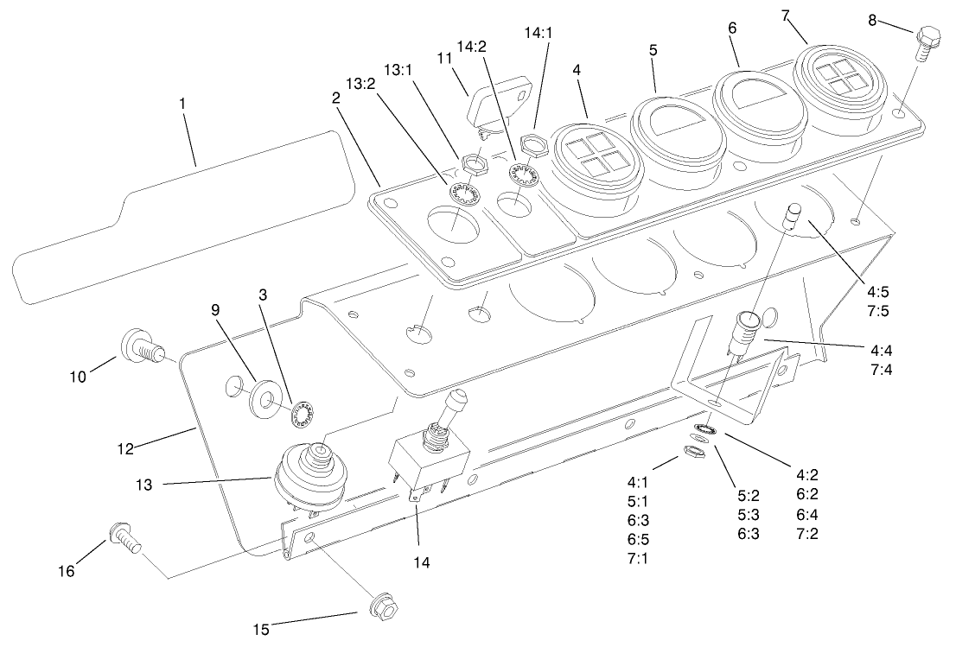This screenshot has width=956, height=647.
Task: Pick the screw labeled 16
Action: (123, 540)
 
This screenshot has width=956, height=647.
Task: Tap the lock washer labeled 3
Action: (301, 415)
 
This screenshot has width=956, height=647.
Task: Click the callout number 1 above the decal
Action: (182, 103)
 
